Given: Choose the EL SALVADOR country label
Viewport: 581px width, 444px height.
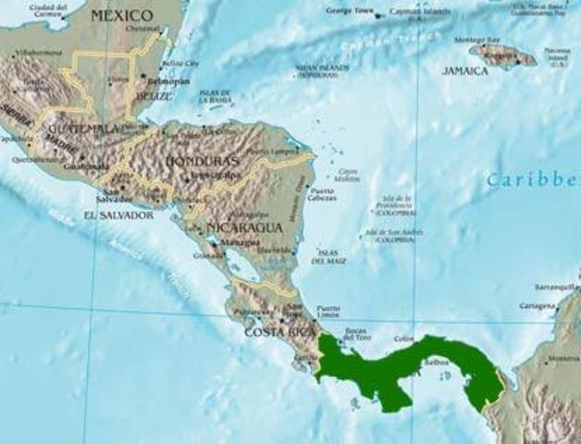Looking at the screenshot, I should click(117, 215).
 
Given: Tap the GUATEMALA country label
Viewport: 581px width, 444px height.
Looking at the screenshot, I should click(84, 128).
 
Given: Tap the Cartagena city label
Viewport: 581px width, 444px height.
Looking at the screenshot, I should click(537, 305).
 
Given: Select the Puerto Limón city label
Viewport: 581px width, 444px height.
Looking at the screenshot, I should click(328, 312).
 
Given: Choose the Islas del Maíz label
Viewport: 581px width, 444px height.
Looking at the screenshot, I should click(329, 256).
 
